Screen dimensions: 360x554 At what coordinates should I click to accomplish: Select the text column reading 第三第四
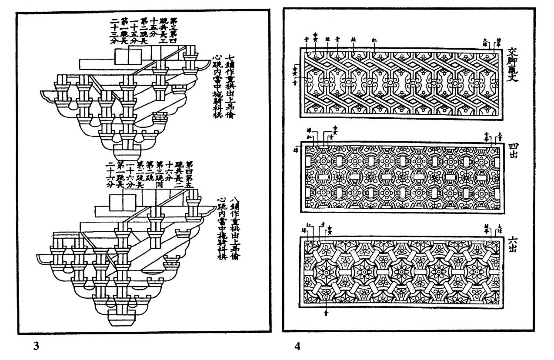174,30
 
